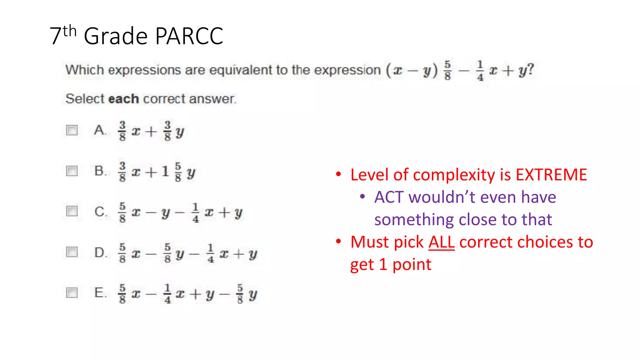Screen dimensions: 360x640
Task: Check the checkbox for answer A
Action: click(x=72, y=130)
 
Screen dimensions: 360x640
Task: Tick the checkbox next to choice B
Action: click(x=72, y=171)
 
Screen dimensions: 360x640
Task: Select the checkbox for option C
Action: click(x=72, y=211)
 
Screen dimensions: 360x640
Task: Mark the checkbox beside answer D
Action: click(x=72, y=252)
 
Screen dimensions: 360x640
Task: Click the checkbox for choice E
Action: click(x=72, y=293)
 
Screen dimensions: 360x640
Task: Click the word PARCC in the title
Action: click(x=189, y=36)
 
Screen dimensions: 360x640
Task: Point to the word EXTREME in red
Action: click(x=551, y=175)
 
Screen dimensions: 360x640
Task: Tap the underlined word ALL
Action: click(x=441, y=242)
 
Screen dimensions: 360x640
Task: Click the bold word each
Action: click(x=123, y=99)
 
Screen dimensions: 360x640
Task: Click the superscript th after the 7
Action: click(x=69, y=31)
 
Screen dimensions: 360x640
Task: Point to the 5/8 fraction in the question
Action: click(x=447, y=71)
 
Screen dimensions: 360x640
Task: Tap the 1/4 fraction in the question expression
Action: click(x=480, y=71)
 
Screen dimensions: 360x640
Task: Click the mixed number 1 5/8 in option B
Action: click(x=172, y=172)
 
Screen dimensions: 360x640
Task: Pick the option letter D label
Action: click(x=100, y=252)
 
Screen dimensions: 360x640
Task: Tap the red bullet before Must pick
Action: click(x=338, y=241)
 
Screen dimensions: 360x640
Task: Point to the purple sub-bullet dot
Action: click(x=362, y=197)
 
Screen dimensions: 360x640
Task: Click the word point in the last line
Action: click(x=412, y=265)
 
